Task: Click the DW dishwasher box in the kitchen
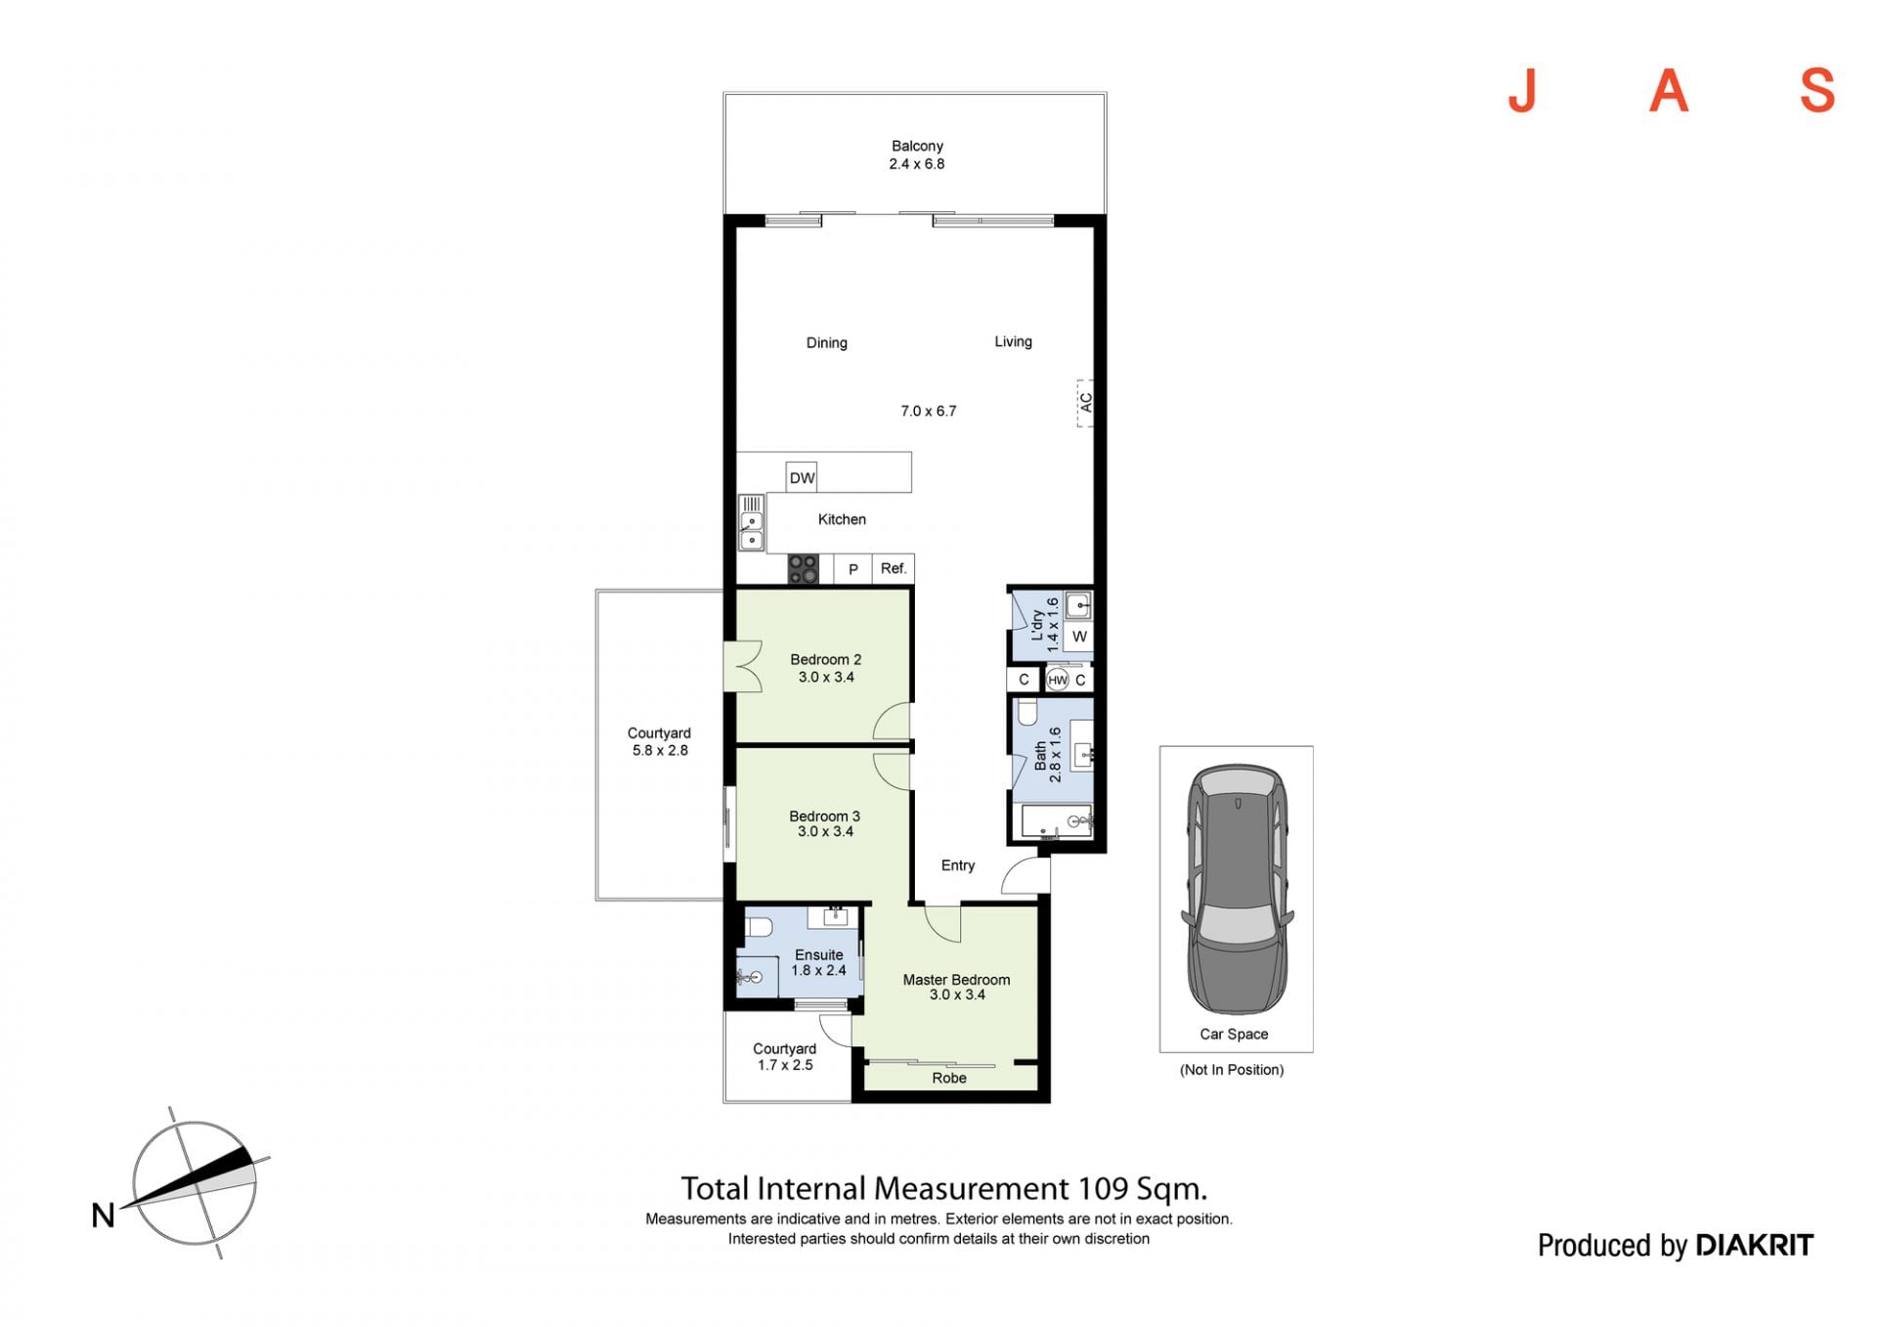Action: click(x=802, y=477)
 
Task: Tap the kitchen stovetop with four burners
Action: click(x=804, y=569)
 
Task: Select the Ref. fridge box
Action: click(x=894, y=569)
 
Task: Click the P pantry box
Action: click(x=852, y=569)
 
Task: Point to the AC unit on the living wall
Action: click(x=1084, y=403)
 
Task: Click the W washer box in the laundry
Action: click(x=1079, y=637)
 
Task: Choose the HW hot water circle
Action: click(x=1058, y=680)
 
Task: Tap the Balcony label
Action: click(x=917, y=146)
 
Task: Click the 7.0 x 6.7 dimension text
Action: click(x=929, y=412)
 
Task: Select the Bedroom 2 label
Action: click(x=826, y=660)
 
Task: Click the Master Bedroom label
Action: click(x=956, y=980)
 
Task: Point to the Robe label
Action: click(x=949, y=1078)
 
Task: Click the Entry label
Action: click(x=958, y=865)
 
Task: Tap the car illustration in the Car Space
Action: click(x=1237, y=889)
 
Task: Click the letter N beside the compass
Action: click(x=103, y=1216)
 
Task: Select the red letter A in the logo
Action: click(x=1669, y=91)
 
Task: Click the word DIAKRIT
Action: click(x=1754, y=1245)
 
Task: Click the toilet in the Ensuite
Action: click(x=759, y=926)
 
